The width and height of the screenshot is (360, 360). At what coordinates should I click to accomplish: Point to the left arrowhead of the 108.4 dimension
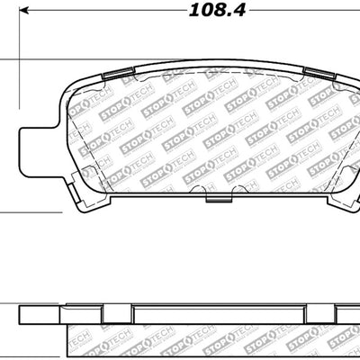[x=24, y=12]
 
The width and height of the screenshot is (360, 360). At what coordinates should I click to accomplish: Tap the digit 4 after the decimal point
[x=241, y=11]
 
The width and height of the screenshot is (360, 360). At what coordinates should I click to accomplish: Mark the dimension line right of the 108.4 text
[x=306, y=12]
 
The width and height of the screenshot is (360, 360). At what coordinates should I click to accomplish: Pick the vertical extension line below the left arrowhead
[x=20, y=36]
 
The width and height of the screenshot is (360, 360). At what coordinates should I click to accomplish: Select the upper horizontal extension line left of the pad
[x=9, y=60]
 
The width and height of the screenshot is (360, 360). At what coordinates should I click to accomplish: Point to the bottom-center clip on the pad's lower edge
[x=211, y=193]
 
